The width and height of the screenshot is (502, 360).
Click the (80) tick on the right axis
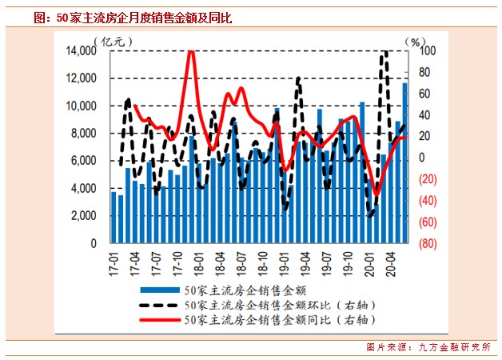tap(428, 243)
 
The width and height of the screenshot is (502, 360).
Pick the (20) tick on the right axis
tap(428, 179)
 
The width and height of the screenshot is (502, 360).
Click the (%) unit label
tap(416, 40)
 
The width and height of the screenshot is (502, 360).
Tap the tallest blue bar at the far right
tap(404, 160)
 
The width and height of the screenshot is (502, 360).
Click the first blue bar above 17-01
tap(114, 217)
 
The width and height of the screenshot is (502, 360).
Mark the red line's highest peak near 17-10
tap(190, 54)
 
